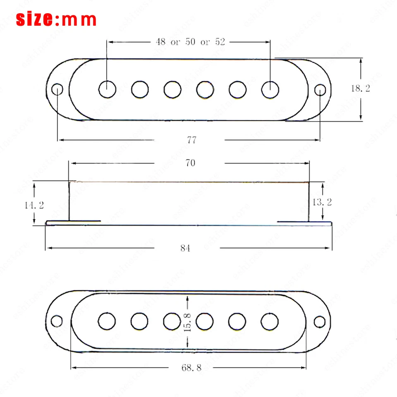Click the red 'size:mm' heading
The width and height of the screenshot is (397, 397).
pyautogui.click(x=56, y=19)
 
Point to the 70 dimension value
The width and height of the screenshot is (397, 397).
pyautogui.click(x=190, y=163)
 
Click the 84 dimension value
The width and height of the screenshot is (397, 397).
pyautogui.click(x=185, y=248)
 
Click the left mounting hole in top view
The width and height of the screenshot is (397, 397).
pyautogui.click(x=57, y=89)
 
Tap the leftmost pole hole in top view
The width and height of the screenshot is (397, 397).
pyautogui.click(x=108, y=88)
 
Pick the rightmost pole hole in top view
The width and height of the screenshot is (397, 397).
pyautogui.click(x=270, y=88)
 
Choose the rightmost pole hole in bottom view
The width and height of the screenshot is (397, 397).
pyautogui.click(x=269, y=320)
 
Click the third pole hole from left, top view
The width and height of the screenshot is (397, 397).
pyautogui.click(x=172, y=88)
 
